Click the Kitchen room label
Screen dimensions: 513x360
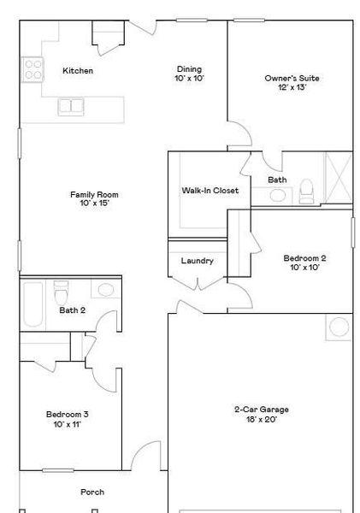click(x=78, y=71)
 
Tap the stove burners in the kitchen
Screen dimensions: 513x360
click(x=33, y=69)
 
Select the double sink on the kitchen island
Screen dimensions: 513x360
click(x=71, y=106)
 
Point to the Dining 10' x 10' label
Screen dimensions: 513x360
click(x=190, y=74)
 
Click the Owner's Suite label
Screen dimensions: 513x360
click(x=292, y=83)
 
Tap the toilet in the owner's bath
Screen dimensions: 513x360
click(x=307, y=193)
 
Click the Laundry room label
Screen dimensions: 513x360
click(x=198, y=261)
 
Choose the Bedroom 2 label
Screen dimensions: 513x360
click(x=304, y=262)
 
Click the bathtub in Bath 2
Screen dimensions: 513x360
click(x=32, y=304)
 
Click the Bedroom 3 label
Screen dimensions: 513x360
click(x=68, y=419)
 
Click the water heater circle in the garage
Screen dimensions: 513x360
click(x=339, y=327)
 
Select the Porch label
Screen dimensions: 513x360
click(x=92, y=492)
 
